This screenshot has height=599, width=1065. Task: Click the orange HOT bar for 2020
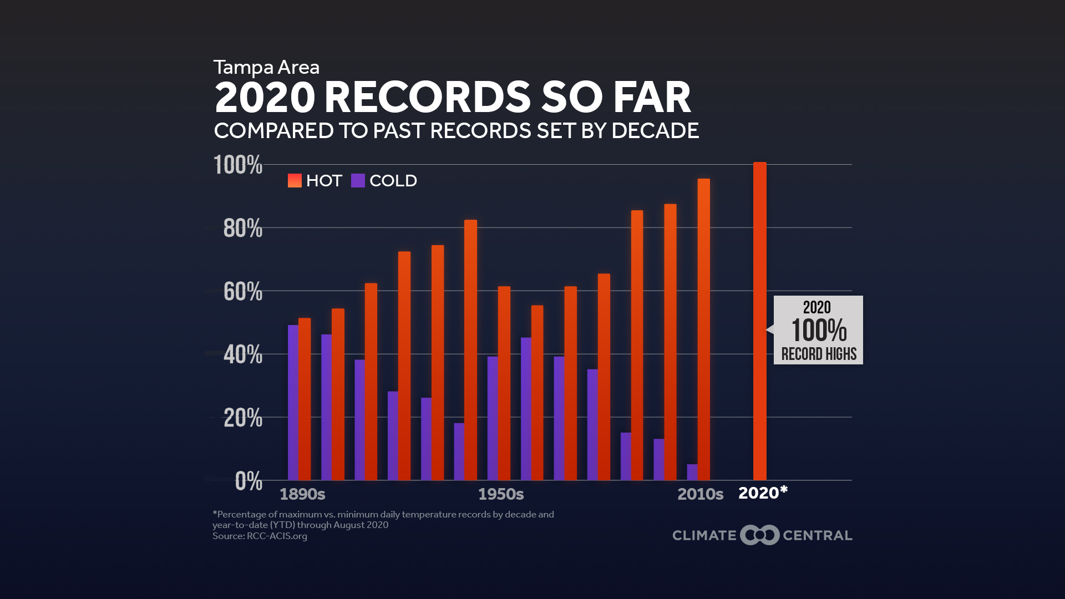(x=759, y=322)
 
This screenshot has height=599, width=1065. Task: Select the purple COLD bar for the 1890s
(x=293, y=403)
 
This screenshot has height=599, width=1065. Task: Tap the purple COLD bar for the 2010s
(x=692, y=472)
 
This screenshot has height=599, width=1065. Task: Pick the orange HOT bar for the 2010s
(x=703, y=329)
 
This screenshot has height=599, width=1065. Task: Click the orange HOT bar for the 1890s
(x=305, y=399)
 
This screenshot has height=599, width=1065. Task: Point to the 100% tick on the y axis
(x=238, y=165)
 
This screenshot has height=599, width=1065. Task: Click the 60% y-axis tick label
(x=242, y=292)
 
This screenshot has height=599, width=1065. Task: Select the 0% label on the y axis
(x=248, y=481)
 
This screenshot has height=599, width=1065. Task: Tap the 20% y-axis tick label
(x=242, y=418)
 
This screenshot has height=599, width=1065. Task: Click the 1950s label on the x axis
(x=501, y=494)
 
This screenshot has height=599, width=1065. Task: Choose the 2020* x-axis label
(x=763, y=493)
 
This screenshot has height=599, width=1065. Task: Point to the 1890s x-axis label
(x=302, y=494)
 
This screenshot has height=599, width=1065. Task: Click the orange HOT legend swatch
(x=295, y=181)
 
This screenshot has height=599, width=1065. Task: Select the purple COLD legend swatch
(x=358, y=181)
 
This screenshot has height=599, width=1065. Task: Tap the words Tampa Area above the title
(x=266, y=68)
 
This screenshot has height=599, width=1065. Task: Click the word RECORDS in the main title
(x=427, y=98)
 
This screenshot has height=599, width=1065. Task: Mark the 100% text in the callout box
(x=819, y=331)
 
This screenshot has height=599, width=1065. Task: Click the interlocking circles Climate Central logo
(x=759, y=535)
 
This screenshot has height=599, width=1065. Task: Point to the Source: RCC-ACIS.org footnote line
(x=260, y=536)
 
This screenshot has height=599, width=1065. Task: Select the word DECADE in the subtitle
(x=655, y=131)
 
